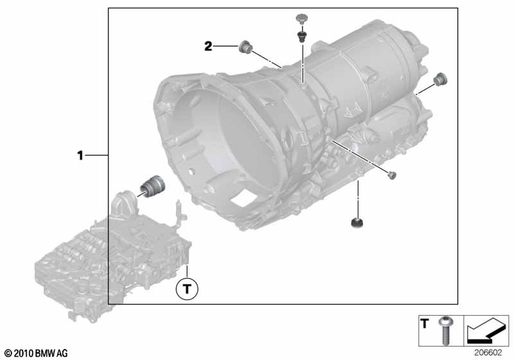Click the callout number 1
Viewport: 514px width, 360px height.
(80, 155)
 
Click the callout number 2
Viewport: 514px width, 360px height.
(208, 46)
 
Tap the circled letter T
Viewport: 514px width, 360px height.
(187, 289)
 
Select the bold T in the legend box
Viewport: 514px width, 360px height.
(425, 323)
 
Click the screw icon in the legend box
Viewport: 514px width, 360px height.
(445, 330)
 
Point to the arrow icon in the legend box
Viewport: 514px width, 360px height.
(486, 329)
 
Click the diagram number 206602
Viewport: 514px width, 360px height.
(488, 353)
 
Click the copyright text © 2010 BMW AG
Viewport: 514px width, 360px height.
(37, 353)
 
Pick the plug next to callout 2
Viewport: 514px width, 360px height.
(245, 47)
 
